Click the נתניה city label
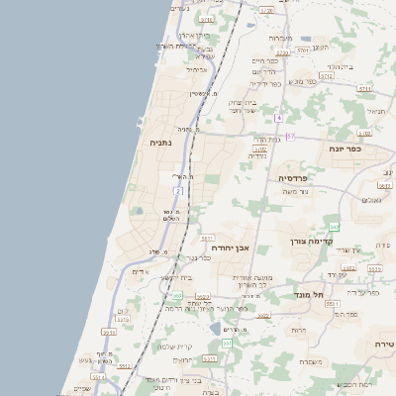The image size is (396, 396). coord(159,144)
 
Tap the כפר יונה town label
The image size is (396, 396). coord(347,148)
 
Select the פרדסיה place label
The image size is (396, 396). coord(294,178)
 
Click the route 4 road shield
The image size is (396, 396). coord(280,118)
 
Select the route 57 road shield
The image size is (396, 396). coord(290,137)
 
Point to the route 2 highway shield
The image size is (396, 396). coord(178,190)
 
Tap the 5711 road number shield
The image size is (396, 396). coord(364,89)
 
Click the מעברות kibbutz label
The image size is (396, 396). coord(280,38)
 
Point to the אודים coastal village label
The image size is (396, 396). coord(140,272)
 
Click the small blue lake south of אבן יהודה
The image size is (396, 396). coord(216,328)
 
